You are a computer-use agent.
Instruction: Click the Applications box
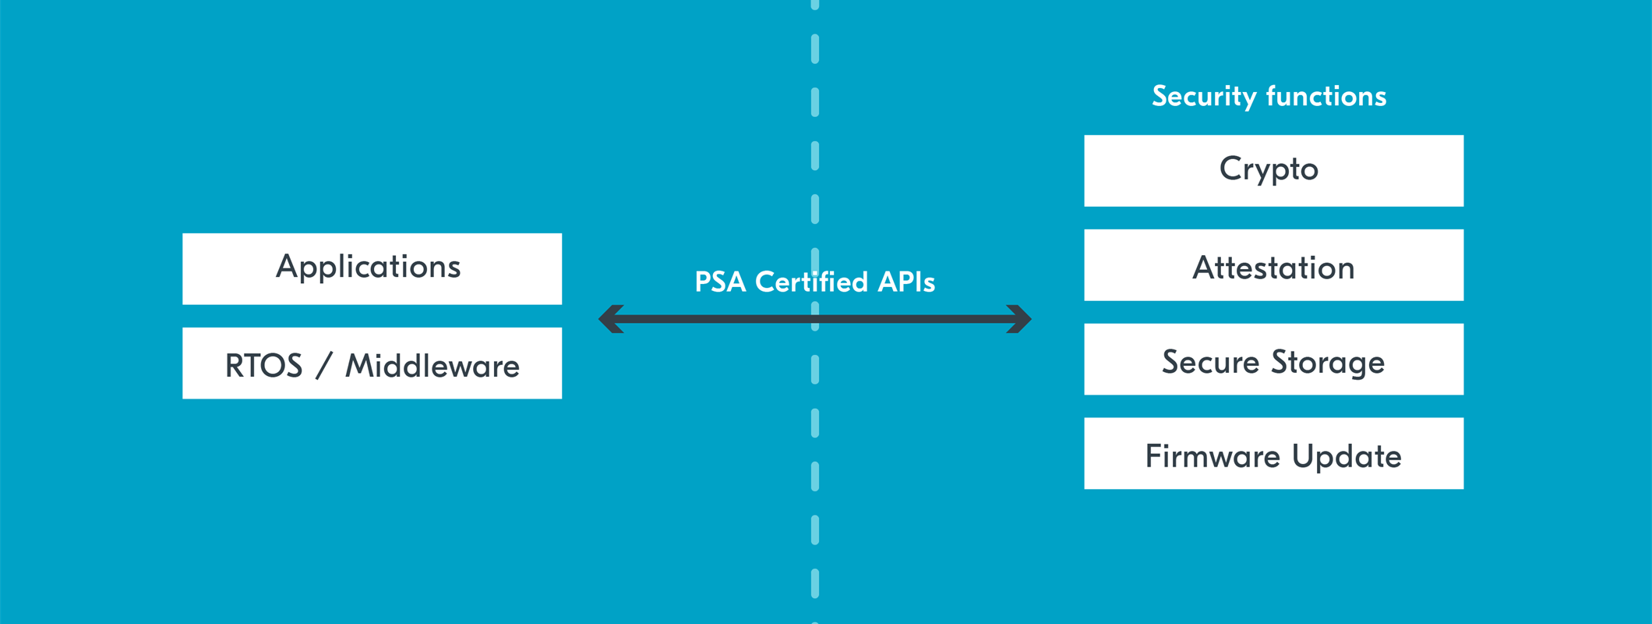(372, 268)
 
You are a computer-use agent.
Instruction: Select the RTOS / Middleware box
(372, 363)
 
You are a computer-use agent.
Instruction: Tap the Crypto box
(1273, 171)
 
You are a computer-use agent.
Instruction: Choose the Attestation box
(1273, 265)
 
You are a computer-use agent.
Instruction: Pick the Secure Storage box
(1273, 360)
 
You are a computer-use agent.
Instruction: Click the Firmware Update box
(1273, 453)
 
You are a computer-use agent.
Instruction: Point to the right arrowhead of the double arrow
(1019, 319)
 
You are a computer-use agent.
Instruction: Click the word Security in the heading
(1205, 97)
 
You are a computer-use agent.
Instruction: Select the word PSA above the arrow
(720, 282)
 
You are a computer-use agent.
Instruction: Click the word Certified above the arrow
(811, 282)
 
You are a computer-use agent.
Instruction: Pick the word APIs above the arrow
(905, 282)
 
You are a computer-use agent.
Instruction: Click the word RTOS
(263, 366)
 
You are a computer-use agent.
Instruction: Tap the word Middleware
(432, 366)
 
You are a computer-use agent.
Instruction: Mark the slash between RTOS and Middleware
(324, 366)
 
